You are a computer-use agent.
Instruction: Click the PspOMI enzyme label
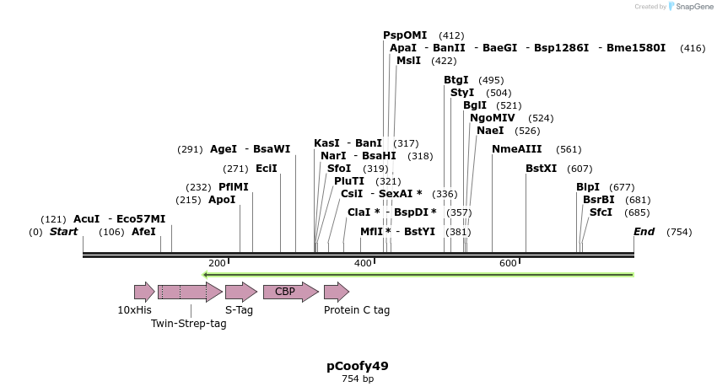tap(405, 35)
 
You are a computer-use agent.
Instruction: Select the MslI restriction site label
tap(408, 61)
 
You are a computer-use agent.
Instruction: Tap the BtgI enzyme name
tap(456, 80)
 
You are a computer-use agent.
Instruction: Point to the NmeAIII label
tap(516, 149)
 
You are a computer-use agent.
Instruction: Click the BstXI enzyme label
tap(541, 169)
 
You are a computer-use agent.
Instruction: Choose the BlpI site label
tap(588, 187)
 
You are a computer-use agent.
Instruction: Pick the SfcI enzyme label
tap(601, 212)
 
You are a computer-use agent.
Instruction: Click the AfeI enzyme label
tap(143, 232)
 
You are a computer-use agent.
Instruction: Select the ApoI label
tap(222, 200)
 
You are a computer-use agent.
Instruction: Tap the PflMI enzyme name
tap(234, 187)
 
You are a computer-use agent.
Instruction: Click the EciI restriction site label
tap(266, 169)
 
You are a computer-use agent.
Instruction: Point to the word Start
tap(63, 232)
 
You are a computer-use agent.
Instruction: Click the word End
tap(644, 232)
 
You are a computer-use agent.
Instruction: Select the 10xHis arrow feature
tap(144, 292)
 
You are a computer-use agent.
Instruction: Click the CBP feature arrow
tap(290, 292)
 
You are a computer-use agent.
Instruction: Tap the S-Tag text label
tap(239, 310)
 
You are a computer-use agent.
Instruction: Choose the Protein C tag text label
tap(357, 310)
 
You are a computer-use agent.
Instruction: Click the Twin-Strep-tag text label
tap(189, 324)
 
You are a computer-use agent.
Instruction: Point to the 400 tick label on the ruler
tap(363, 264)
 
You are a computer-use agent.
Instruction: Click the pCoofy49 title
tap(358, 366)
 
